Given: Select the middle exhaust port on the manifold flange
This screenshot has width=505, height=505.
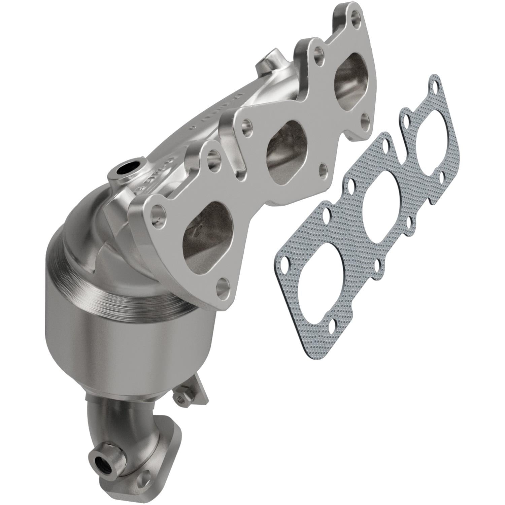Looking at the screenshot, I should click(x=286, y=151).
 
